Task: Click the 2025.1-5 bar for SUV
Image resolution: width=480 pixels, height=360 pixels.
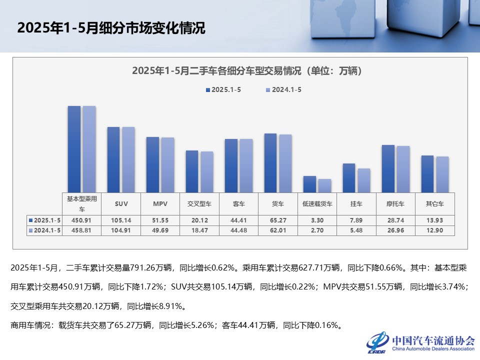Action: pyautogui.click(x=113, y=159)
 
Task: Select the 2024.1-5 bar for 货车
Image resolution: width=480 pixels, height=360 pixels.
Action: pyautogui.click(x=285, y=163)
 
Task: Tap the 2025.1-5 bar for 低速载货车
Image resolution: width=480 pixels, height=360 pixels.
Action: pyautogui.click(x=309, y=184)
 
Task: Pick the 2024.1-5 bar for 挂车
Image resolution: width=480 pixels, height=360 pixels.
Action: pyautogui.click(x=363, y=180)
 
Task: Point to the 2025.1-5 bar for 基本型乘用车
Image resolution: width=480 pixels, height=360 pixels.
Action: pyautogui.click(x=74, y=149)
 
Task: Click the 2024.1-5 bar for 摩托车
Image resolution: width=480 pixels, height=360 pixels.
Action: pyautogui.click(x=403, y=169)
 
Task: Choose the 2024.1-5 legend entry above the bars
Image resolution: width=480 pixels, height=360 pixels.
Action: pyautogui.click(x=282, y=90)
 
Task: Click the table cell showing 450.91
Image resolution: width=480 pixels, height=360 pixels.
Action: pyautogui.click(x=81, y=220)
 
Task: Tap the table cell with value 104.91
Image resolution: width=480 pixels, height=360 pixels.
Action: pyautogui.click(x=120, y=230)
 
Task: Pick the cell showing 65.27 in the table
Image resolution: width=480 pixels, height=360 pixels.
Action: pyautogui.click(x=277, y=220)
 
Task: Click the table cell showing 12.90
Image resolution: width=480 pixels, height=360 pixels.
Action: pyautogui.click(x=434, y=230)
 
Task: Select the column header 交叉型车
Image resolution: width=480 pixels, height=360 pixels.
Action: pyautogui.click(x=199, y=204)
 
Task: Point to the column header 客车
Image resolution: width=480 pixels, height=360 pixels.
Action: pyautogui.click(x=238, y=204)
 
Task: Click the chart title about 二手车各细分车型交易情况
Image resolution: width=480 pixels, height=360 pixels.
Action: pyautogui.click(x=247, y=71)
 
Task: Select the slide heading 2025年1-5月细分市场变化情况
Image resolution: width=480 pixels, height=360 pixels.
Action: pyautogui.click(x=111, y=28)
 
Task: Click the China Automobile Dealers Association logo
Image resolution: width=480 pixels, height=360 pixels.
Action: pyautogui.click(x=420, y=342)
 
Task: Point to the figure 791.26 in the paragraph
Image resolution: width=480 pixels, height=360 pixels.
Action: pyautogui.click(x=141, y=268)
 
